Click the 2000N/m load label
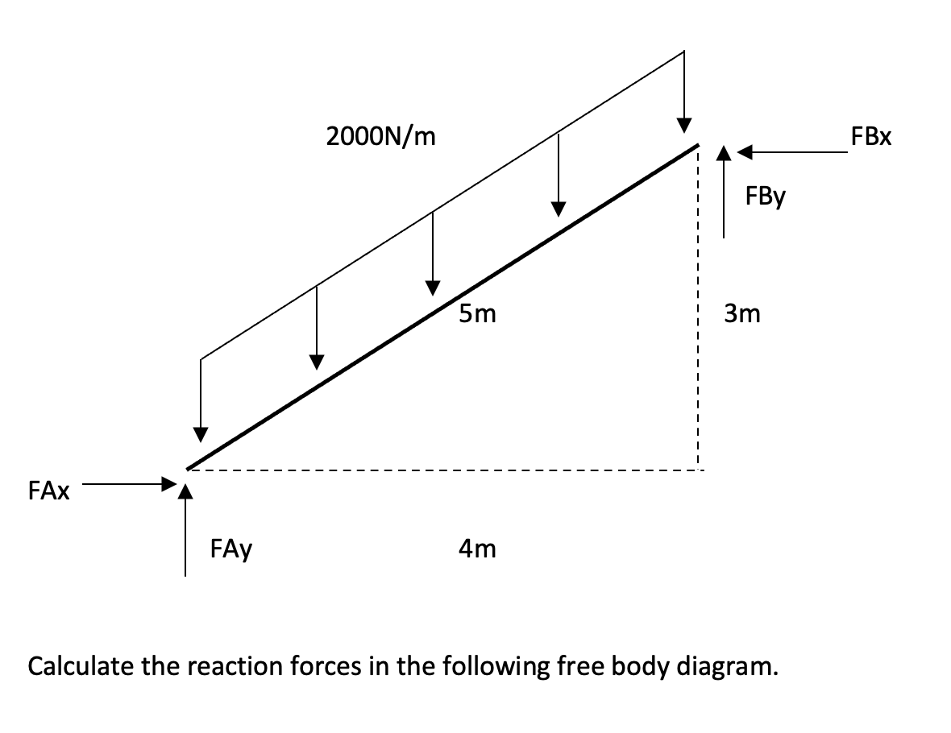(x=380, y=137)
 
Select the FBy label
(x=765, y=197)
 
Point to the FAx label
(x=48, y=491)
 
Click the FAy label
(x=230, y=550)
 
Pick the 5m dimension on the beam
(x=477, y=314)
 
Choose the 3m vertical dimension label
(x=741, y=313)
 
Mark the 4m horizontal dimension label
(x=477, y=549)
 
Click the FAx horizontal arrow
(x=129, y=485)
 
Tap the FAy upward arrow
(x=186, y=532)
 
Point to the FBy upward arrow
(x=724, y=193)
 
